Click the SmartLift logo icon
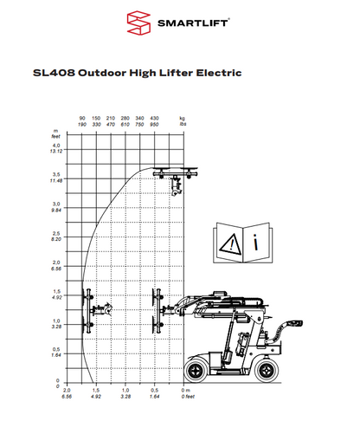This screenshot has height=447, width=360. point(138,23)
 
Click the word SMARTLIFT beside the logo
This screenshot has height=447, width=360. point(192,23)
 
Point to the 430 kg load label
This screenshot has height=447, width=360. point(154,117)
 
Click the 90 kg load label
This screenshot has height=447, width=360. point(82,117)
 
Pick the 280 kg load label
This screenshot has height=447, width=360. point(125,117)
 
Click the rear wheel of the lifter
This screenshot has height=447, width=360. point(269,370)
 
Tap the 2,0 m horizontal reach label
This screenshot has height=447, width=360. point(67,392)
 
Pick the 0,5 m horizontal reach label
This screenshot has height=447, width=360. point(154,392)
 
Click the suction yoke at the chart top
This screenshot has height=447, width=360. point(174,173)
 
